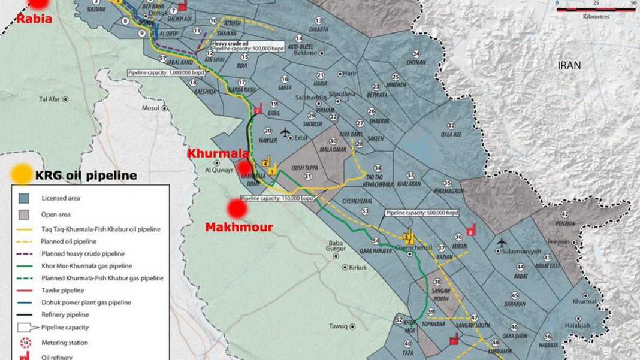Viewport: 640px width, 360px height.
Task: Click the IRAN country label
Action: (x=569, y=65)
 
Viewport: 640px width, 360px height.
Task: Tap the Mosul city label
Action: (x=150, y=108)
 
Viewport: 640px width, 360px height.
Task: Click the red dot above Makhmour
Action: (x=237, y=209)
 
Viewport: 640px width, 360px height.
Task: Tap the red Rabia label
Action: (x=34, y=19)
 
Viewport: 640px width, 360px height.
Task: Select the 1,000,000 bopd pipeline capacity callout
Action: (x=161, y=73)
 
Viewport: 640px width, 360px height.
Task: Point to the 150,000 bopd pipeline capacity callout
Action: (x=277, y=198)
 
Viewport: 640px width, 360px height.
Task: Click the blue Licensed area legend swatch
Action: (x=24, y=198)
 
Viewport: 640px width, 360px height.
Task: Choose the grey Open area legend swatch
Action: (x=24, y=214)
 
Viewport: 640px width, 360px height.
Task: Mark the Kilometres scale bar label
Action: (x=596, y=17)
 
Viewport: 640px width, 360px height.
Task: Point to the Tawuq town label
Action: (x=338, y=326)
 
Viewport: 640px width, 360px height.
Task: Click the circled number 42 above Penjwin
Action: (x=564, y=214)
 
